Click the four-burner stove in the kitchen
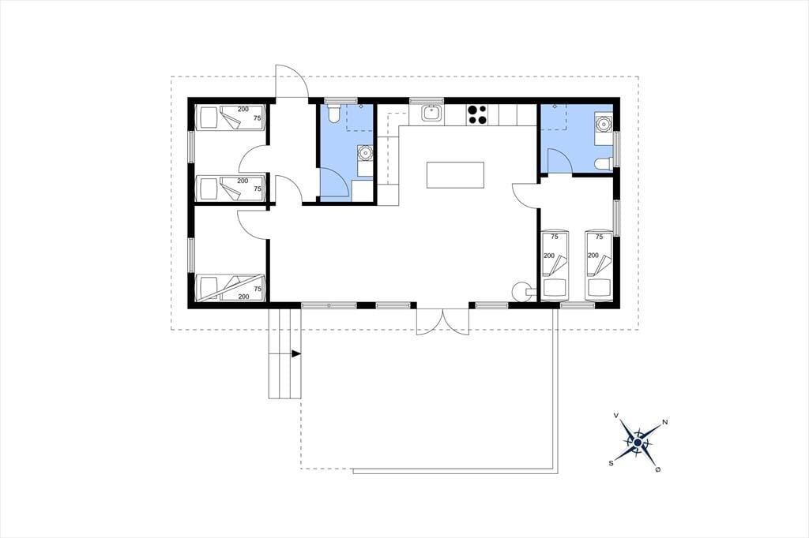[x=476, y=114]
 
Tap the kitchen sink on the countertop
[x=430, y=114]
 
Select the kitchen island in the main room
[x=455, y=175]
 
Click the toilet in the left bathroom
[x=333, y=114]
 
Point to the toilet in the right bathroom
[x=603, y=164]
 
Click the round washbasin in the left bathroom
[x=365, y=152]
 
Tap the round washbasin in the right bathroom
[x=603, y=124]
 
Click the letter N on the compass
[x=665, y=423]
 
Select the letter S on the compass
[x=611, y=463]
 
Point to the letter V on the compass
[x=616, y=415]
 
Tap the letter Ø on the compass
[x=658, y=469]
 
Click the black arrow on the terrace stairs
[x=296, y=353]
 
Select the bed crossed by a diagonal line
[x=230, y=288]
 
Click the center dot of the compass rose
[x=638, y=443]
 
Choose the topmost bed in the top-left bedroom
[x=230, y=118]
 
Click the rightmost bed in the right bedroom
[x=599, y=265]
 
